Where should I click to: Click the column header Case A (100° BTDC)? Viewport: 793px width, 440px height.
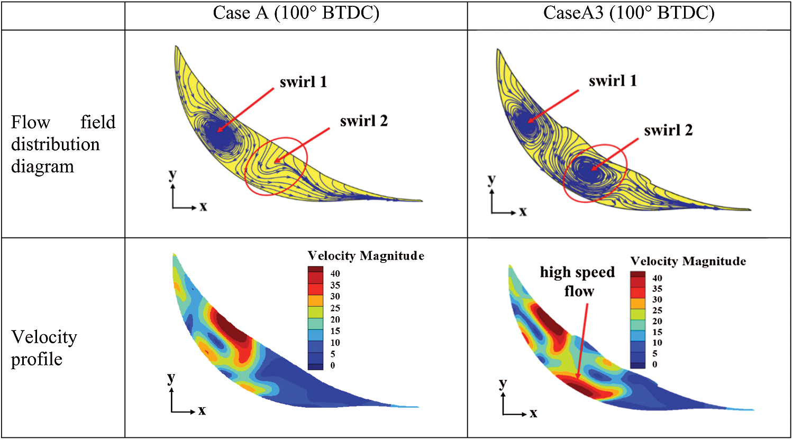[296, 13]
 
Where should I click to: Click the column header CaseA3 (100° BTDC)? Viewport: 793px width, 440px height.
[628, 13]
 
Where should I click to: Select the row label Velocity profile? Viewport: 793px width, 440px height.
[44, 348]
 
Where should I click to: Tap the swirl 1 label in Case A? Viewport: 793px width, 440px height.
[303, 82]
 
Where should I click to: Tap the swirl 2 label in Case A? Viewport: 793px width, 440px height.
[363, 121]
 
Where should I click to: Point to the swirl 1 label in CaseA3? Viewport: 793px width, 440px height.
[613, 81]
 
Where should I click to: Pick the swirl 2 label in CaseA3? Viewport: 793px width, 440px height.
[668, 130]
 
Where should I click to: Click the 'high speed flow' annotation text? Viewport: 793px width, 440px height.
[578, 281]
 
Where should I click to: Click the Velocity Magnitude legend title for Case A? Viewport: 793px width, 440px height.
[366, 256]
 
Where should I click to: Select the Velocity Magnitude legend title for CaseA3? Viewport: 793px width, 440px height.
[688, 261]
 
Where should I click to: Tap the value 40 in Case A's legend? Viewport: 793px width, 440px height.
[335, 273]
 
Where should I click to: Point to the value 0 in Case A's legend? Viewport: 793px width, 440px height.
[333, 365]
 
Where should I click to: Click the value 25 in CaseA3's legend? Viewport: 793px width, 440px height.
[657, 310]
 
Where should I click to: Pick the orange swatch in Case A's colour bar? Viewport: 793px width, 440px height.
[315, 300]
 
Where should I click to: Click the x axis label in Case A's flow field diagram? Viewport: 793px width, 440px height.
[203, 207]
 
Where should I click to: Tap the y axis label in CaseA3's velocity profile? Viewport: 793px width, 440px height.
[503, 383]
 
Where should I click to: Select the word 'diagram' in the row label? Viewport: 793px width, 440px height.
[42, 166]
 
